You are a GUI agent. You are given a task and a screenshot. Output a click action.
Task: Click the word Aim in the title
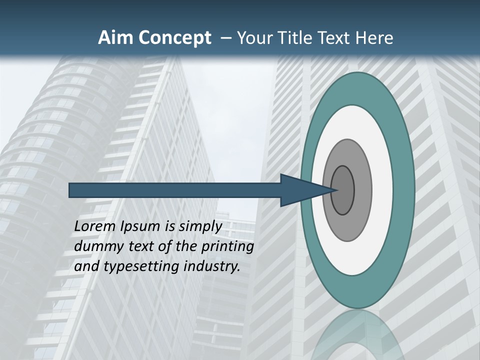pyautogui.click(x=116, y=38)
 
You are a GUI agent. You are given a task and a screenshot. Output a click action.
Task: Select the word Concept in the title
pyautogui.click(x=175, y=38)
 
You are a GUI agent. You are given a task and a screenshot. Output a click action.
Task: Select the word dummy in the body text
pyautogui.click(x=95, y=246)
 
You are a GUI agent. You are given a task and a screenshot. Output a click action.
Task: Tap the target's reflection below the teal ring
pyautogui.click(x=357, y=335)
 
